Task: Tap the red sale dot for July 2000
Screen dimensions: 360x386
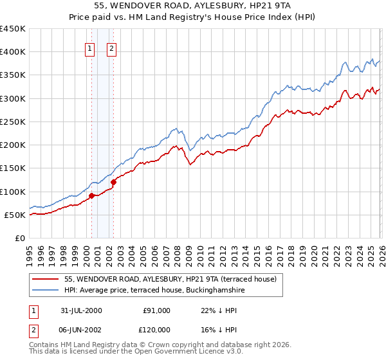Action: pyautogui.click(x=92, y=195)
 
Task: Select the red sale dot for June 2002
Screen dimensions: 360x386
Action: pyautogui.click(x=113, y=182)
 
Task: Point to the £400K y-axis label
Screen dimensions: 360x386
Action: pyautogui.click(x=13, y=52)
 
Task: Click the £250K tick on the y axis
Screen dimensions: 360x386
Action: pyautogui.click(x=13, y=122)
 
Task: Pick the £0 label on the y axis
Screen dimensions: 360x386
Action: pyautogui.click(x=19, y=238)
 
